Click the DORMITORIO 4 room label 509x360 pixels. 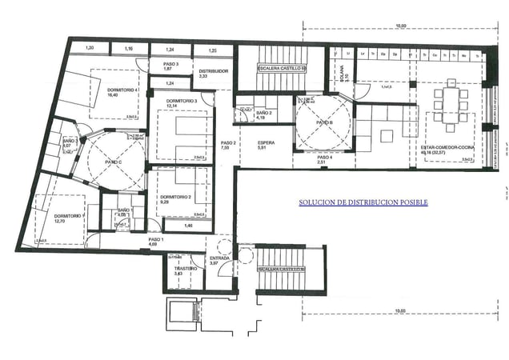[x=106, y=90]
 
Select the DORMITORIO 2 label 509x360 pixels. [x=174, y=197]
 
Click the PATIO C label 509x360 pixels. [x=113, y=162]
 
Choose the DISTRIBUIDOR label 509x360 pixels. [x=214, y=71]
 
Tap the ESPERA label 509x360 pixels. [x=267, y=143]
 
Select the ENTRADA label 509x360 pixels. [x=219, y=259]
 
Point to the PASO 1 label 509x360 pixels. [x=155, y=240]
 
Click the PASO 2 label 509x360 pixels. [x=227, y=142]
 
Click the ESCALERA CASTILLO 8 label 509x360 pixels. [x=281, y=270]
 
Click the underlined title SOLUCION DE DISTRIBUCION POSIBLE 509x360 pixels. [x=363, y=203]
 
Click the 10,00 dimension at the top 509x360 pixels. [x=411, y=26]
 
